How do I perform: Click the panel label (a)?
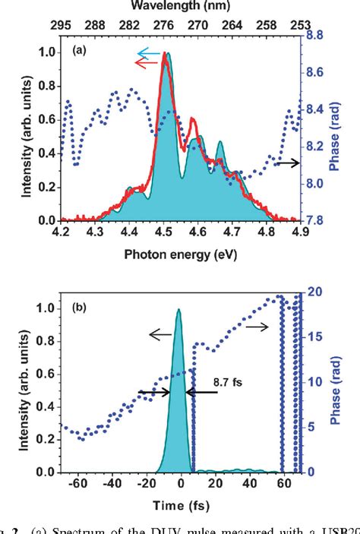tap(77, 50)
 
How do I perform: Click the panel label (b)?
tap(77, 308)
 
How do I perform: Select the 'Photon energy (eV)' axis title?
tap(179, 254)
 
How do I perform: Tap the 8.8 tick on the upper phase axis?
tap(316, 35)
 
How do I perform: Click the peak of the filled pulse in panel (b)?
tap(178, 310)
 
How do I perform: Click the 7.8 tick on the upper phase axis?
tap(316, 220)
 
